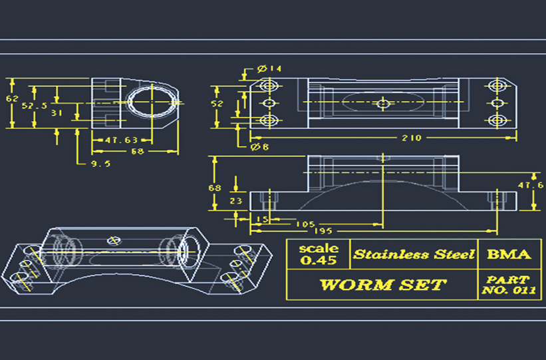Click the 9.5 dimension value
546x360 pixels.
[100, 163]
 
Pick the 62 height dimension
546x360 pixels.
[11, 98]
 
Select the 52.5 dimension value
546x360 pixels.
[34, 105]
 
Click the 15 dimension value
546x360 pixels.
[262, 219]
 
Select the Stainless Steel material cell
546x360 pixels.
[414, 254]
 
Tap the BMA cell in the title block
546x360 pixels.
[509, 254]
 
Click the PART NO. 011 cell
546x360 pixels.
[508, 285]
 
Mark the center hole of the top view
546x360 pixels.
[382, 103]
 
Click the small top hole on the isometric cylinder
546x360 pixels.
[114, 240]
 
